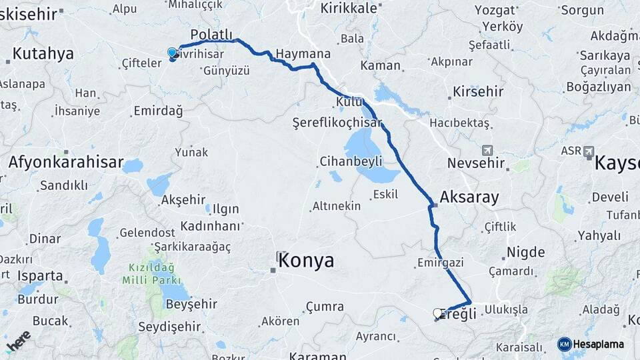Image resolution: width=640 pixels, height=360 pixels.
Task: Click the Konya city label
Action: coord(306,261)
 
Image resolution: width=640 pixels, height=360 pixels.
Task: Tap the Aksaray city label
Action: coord(469,197)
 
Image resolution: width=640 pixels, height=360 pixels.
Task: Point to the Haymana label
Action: coord(303,54)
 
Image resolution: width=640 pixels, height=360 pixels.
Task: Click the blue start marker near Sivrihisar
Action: coord(172,53)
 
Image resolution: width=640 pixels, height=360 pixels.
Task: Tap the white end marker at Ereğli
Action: coord(438,313)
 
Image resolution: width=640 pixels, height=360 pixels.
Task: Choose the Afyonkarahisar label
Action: coord(66,162)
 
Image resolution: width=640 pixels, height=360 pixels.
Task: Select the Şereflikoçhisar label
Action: coord(337,123)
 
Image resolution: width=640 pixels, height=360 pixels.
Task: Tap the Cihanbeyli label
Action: coord(351,161)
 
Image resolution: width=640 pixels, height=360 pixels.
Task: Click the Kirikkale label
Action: coord(349,8)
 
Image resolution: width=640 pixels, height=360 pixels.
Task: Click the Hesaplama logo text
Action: coord(598,344)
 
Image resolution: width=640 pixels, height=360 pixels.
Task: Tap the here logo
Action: coord(19,340)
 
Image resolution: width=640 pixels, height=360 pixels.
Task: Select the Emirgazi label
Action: coord(440,263)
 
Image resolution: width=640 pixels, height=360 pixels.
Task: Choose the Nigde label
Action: coord(526,253)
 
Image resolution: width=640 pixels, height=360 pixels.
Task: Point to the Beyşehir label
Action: coord(191,304)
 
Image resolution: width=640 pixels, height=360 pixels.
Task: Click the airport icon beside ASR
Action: coord(589,151)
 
